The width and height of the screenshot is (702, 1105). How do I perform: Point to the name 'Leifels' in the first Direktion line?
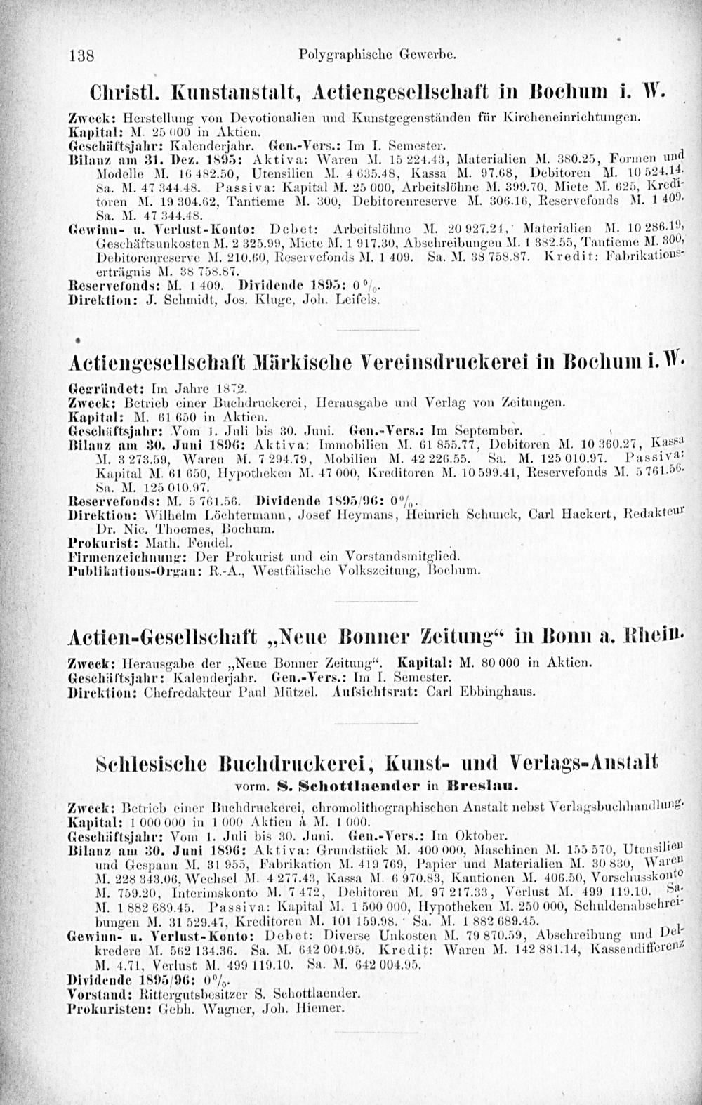coord(360,300)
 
